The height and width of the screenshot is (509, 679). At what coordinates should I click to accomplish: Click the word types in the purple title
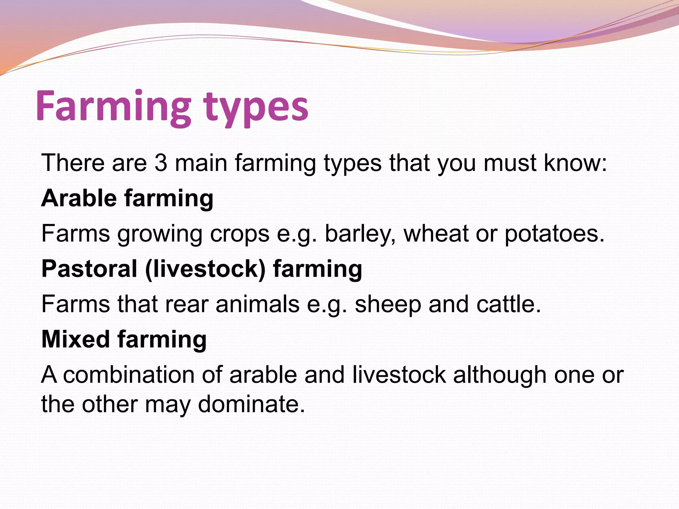[256, 108]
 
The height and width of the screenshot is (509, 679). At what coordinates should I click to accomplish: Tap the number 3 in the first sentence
[161, 163]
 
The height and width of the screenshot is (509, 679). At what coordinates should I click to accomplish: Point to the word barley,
[360, 234]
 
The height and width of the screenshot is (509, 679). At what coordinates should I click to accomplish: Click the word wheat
[436, 233]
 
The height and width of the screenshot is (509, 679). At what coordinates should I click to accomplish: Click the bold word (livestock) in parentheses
[205, 269]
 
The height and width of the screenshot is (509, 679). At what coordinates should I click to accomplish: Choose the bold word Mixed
[76, 339]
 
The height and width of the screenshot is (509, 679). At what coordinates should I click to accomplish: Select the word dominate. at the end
[251, 404]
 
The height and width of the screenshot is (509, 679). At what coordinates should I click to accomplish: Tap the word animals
[257, 304]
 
